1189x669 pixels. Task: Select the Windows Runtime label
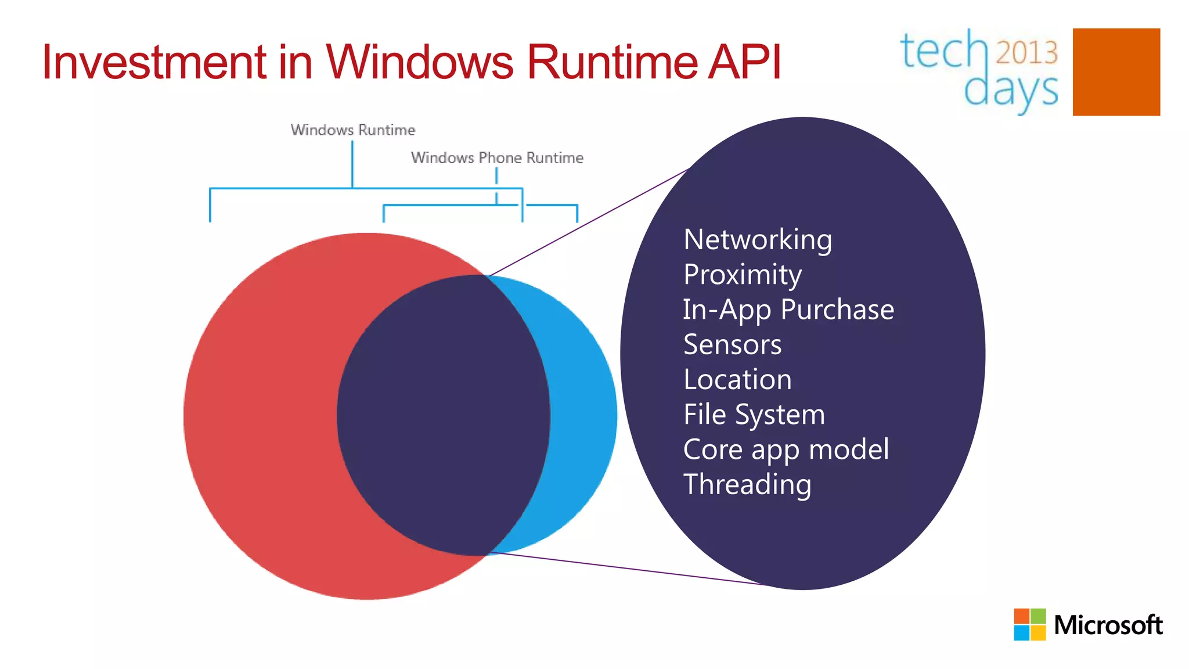(353, 130)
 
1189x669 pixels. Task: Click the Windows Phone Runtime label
(497, 158)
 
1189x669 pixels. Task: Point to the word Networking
(758, 240)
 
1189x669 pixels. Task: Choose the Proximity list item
(743, 275)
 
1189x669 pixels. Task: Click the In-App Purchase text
(788, 310)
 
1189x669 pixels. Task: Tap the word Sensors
(733, 344)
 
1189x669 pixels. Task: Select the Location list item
(737, 380)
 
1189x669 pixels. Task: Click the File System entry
(754, 415)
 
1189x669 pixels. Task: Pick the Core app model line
(786, 449)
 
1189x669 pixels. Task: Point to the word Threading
(747, 484)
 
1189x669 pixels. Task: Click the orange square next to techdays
(1116, 72)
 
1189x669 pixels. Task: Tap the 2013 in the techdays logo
(1026, 53)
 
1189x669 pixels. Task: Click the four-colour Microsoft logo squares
(1030, 624)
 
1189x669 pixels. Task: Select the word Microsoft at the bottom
(1108, 625)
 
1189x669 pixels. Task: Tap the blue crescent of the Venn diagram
(583, 415)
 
